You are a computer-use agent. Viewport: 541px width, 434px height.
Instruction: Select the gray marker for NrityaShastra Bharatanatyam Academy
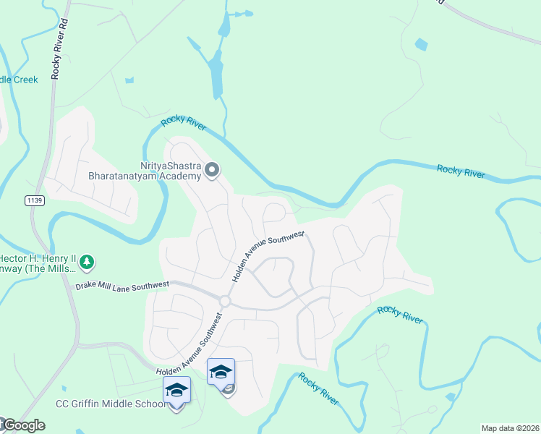(212, 171)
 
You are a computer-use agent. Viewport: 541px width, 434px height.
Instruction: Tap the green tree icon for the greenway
(87, 260)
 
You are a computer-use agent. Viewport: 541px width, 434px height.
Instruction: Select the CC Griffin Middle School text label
(111, 404)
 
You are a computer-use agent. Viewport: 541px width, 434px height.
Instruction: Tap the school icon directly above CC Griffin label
(176, 390)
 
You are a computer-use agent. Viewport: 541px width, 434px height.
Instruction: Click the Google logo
(24, 425)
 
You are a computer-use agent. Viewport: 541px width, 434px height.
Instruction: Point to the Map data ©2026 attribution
(510, 428)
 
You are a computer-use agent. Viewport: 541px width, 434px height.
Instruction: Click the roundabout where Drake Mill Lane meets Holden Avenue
(225, 301)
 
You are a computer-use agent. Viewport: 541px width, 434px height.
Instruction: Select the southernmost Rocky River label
(319, 388)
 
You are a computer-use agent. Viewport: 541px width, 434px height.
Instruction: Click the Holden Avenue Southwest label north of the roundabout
(268, 257)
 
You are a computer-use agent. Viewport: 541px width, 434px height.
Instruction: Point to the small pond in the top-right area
(421, 44)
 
